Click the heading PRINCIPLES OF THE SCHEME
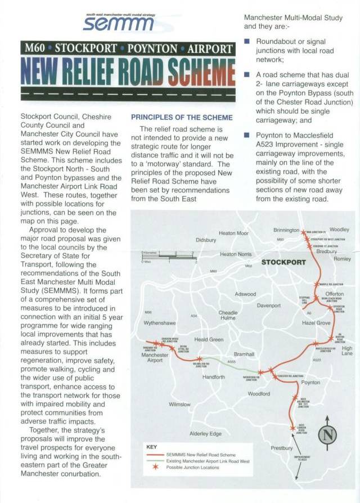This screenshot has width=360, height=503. coord(181,117)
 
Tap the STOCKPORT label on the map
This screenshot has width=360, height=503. coord(283,263)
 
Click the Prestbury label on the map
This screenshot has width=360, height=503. coord(281,448)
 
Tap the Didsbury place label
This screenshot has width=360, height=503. coord(206,240)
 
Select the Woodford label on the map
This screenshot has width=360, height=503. coord(259,393)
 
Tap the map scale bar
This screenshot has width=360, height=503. coord(169,258)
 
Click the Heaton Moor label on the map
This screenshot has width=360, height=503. coord(233,233)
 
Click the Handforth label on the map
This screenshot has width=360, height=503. coord(213,377)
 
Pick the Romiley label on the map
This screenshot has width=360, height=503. coord(342,259)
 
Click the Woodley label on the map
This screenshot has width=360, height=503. coord(339,230)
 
